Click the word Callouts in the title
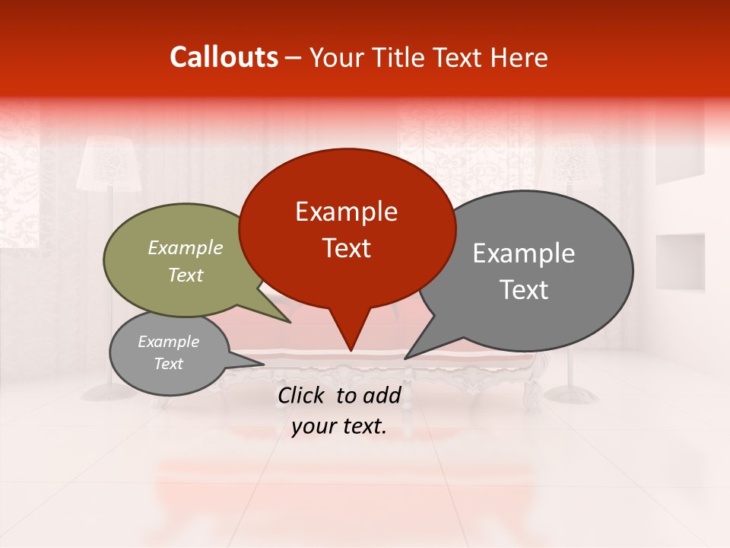click(x=224, y=57)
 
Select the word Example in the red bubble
click(x=346, y=212)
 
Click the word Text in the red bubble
click(x=346, y=248)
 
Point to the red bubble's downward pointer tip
click(x=351, y=350)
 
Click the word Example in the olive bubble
click(x=186, y=247)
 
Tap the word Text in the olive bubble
click(x=186, y=275)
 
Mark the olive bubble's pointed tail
click(x=289, y=321)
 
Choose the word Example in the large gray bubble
click(x=524, y=253)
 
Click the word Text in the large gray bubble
click(x=524, y=290)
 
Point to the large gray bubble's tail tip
click(x=405, y=358)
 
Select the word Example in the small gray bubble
click(x=168, y=342)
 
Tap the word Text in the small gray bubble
click(x=168, y=364)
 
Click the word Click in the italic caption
click(x=303, y=395)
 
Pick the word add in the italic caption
click(x=382, y=395)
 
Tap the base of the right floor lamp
click(x=573, y=394)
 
